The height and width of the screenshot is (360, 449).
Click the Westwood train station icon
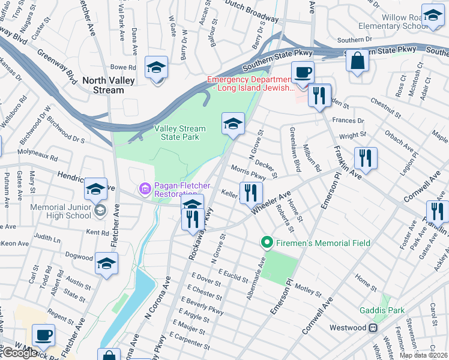click(x=373, y=328)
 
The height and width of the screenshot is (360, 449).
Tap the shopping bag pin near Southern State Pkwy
click(x=357, y=61)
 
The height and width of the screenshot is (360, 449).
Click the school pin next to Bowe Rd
click(x=156, y=67)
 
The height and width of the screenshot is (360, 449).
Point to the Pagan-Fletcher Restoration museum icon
click(x=143, y=190)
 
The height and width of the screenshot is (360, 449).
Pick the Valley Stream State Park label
click(x=180, y=133)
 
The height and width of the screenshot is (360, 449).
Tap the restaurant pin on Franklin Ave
click(x=365, y=158)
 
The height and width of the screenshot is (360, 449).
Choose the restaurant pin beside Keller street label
click(x=250, y=193)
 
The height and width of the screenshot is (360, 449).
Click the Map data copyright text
click(x=423, y=355)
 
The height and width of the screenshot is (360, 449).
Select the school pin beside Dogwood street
click(x=106, y=264)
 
